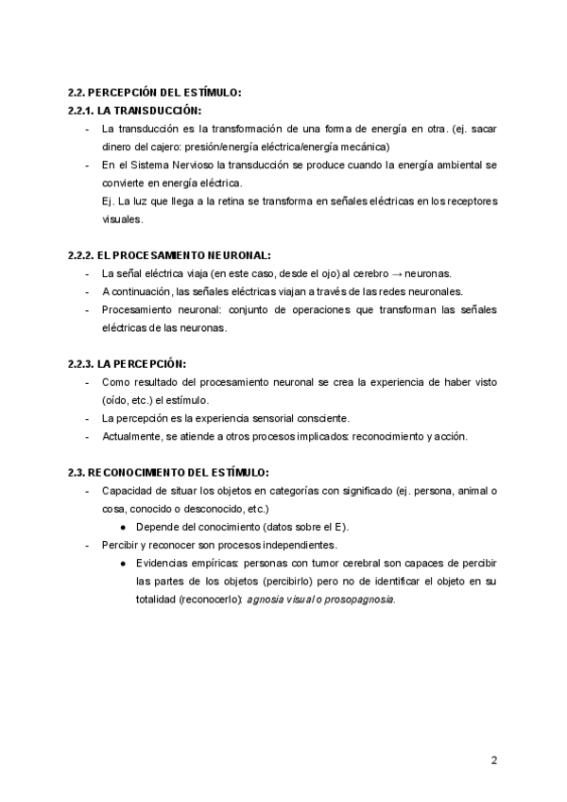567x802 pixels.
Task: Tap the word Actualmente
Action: [x=132, y=436]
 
